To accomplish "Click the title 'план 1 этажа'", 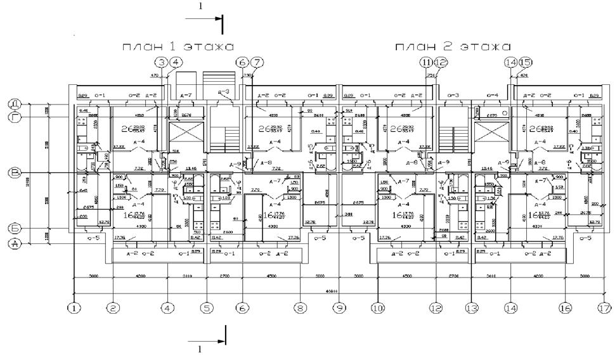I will pos(178,47).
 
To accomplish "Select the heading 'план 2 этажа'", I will pos(453,47).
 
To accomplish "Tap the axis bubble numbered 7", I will pos(257,62).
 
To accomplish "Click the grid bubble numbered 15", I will pos(526,62).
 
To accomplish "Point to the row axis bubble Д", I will pos(14,103).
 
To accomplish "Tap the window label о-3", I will pos(453,96).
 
